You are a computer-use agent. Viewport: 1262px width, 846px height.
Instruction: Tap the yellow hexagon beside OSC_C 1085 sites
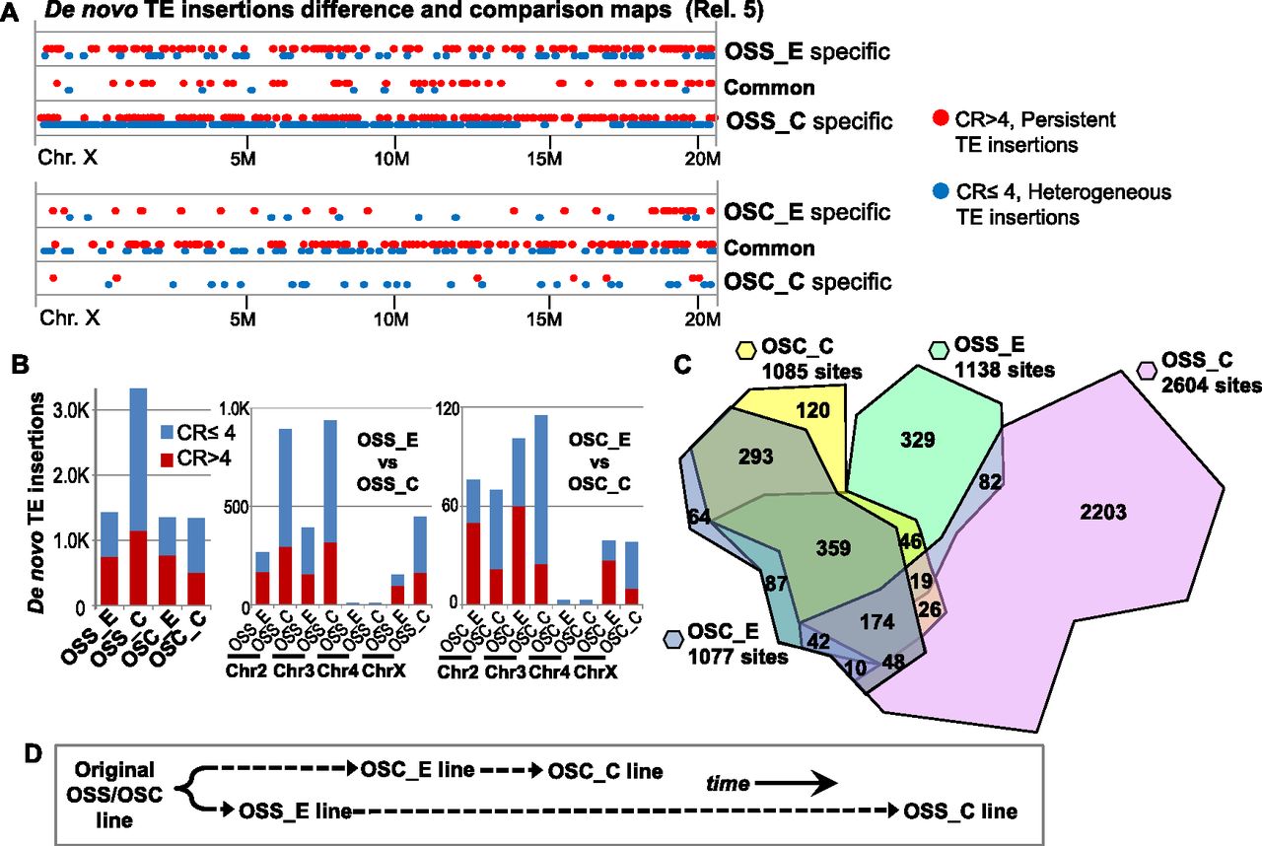745,350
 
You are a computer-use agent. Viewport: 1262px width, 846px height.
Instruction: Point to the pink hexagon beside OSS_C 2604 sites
1147,369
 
